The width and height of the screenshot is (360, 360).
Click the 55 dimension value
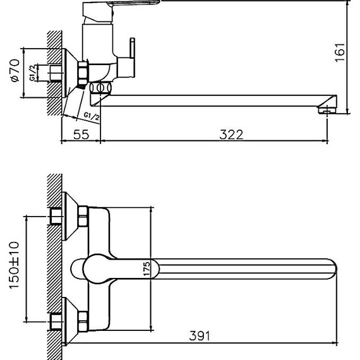80,134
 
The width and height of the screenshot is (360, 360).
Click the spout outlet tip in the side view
326,110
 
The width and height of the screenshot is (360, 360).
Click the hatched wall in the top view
54,265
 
